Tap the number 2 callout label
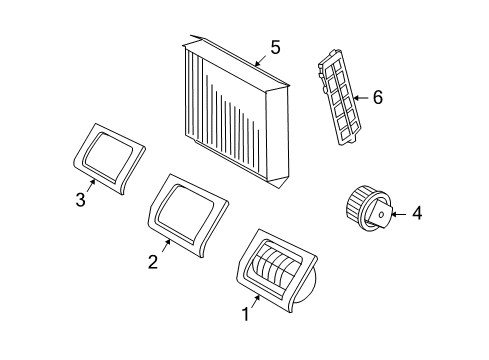[x=153, y=262]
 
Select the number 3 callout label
[x=80, y=200]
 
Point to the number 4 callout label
[x=418, y=212]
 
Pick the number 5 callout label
[x=275, y=47]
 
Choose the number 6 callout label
[x=377, y=98]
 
